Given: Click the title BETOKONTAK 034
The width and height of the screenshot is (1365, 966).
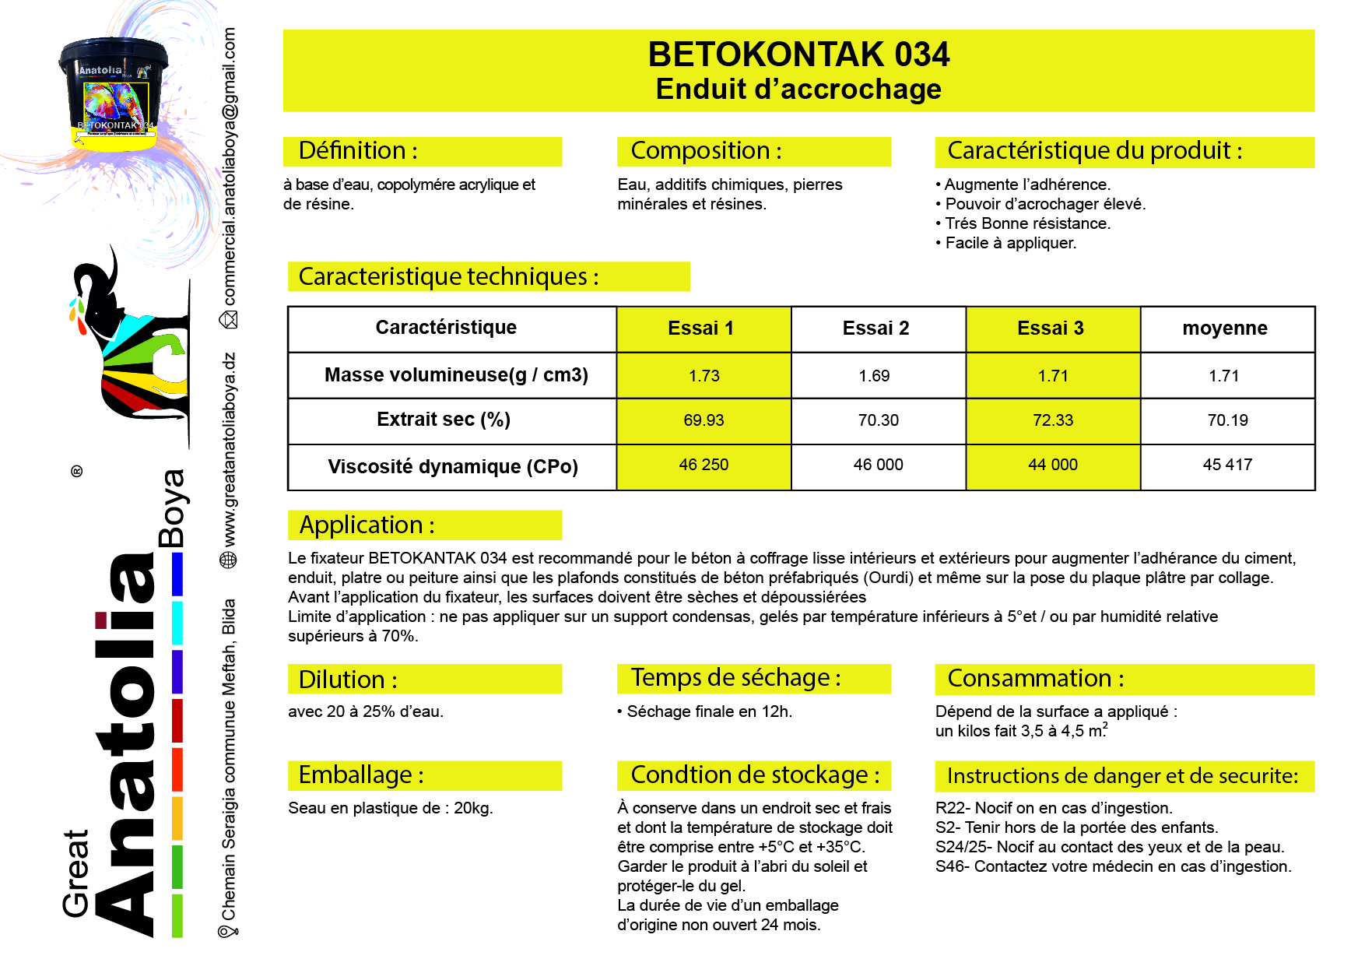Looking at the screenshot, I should tap(798, 54).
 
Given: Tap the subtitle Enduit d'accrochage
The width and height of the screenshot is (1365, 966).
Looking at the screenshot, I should tap(798, 90).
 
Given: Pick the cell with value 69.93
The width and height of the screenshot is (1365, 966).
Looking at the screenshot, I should tap(704, 420).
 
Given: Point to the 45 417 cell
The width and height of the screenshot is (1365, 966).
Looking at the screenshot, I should tap(1227, 465).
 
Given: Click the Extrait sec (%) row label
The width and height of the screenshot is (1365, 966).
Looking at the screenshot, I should tap(444, 420).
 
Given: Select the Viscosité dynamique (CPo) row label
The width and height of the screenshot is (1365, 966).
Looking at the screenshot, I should tap(453, 466).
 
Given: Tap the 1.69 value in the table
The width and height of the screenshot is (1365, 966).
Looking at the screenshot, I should tap(874, 376).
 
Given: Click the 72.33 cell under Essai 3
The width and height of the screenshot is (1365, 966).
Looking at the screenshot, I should tap(1052, 420).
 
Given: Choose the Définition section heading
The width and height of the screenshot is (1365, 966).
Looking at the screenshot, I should tap(358, 151).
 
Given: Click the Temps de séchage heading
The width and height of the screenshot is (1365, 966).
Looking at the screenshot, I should tap(735, 678).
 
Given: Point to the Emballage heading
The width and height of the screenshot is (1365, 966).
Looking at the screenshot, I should tap(361, 775).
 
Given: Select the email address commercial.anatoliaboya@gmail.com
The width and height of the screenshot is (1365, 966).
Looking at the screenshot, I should tap(230, 167).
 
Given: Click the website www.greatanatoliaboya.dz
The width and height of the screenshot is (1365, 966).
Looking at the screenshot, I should tap(230, 450).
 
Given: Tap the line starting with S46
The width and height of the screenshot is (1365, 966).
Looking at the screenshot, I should tap(1113, 866).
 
